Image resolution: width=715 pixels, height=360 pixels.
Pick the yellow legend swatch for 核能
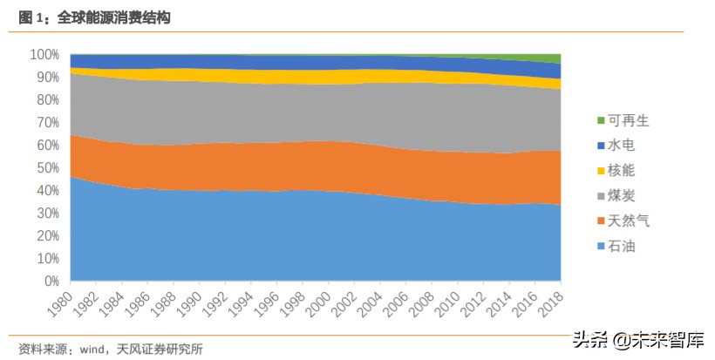[600, 171]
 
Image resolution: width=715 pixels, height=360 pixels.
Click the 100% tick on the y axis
[44, 54]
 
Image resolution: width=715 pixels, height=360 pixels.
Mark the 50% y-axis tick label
[46, 168]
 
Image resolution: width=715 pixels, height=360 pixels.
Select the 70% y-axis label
[46, 122]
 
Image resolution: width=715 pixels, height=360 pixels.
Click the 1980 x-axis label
[61, 305]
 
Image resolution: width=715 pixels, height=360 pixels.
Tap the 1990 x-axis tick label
[190, 305]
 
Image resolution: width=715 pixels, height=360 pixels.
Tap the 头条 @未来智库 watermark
[637, 339]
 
